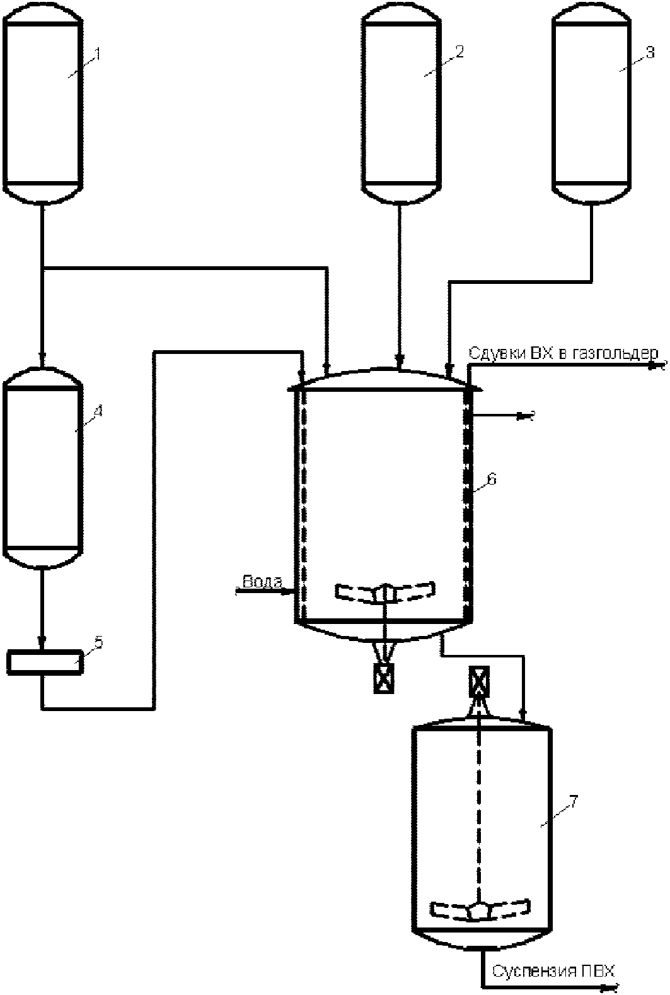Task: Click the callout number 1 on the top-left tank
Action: (x=98, y=54)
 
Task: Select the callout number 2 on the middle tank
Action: (x=459, y=52)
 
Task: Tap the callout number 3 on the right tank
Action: (x=650, y=53)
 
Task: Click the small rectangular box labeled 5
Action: (x=44, y=662)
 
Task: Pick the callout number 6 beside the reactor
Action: (x=491, y=479)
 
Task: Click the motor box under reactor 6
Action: (x=383, y=679)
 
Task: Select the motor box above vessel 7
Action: (x=479, y=679)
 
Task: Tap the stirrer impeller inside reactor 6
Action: (x=385, y=592)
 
